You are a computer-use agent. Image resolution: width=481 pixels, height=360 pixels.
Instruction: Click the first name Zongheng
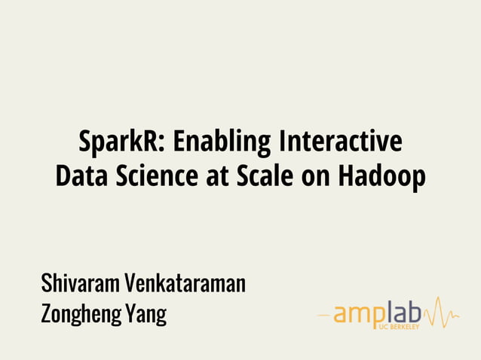[79, 314]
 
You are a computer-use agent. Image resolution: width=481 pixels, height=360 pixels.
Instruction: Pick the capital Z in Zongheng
[47, 313]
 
